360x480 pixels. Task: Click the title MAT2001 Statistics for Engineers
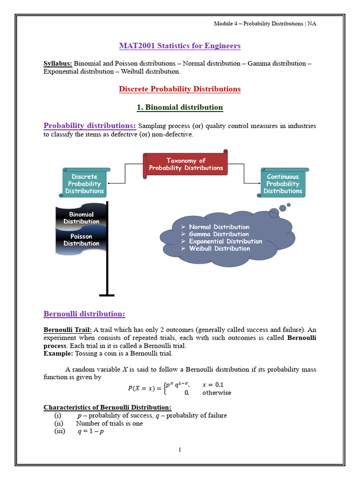[180, 46]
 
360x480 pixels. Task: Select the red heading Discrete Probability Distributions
[180, 89]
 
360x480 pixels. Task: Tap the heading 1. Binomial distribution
[180, 107]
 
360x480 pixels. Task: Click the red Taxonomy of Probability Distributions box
[186, 164]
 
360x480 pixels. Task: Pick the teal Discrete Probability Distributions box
[85, 184]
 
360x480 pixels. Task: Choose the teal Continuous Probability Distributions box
[283, 184]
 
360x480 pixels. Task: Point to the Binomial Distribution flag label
[82, 218]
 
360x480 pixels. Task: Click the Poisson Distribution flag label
[82, 240]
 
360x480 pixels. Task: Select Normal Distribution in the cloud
[219, 227]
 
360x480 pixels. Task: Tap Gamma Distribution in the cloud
[218, 234]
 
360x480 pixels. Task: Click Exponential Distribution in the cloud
[225, 241]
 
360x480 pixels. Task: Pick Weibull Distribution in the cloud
[219, 248]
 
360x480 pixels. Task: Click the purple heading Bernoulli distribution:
[84, 314]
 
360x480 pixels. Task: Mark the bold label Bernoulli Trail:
[68, 330]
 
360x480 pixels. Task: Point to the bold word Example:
[58, 353]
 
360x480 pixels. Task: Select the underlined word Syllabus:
[58, 64]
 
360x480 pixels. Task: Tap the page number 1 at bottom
[180, 450]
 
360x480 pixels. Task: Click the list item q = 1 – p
[90, 432]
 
